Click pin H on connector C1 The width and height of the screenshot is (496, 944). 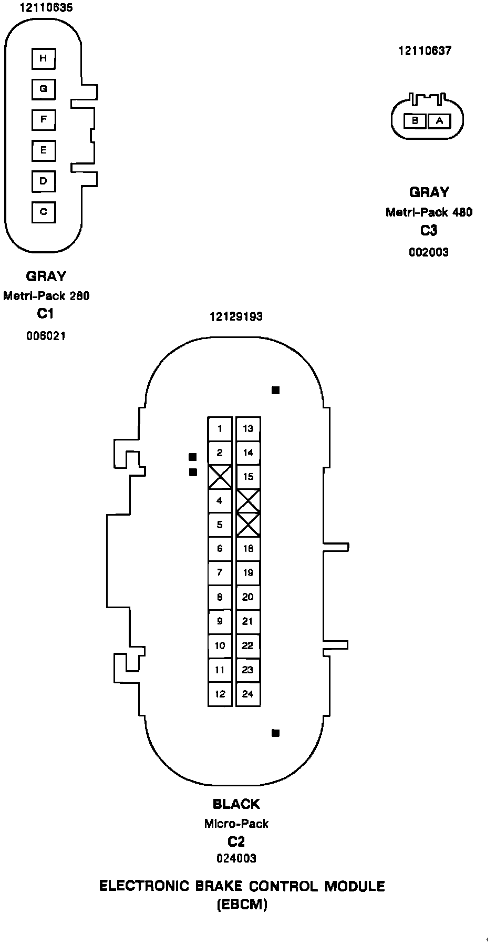click(44, 58)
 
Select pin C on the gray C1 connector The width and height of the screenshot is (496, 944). click(44, 212)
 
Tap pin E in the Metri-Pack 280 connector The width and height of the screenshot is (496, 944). click(44, 151)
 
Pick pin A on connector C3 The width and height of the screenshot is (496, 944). click(440, 121)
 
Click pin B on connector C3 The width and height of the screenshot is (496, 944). click(415, 121)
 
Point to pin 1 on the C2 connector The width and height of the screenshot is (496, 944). click(220, 429)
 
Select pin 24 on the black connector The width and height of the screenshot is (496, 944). click(248, 694)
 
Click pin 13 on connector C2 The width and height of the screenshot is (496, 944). click(248, 429)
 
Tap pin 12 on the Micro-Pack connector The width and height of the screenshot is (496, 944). click(220, 694)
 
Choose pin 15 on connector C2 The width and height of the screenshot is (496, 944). click(248, 477)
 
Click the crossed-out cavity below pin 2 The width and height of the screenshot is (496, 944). click(220, 477)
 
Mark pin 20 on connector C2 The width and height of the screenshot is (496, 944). click(248, 597)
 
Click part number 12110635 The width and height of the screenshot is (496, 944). click(46, 8)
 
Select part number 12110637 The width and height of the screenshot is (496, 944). click(425, 51)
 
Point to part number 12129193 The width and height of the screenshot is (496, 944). click(236, 316)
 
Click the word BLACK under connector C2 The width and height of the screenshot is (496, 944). click(236, 804)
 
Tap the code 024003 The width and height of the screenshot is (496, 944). click(236, 858)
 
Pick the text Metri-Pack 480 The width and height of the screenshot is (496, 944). click(429, 212)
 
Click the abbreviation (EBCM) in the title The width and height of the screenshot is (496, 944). click(242, 905)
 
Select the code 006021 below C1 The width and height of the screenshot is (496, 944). click(46, 336)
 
